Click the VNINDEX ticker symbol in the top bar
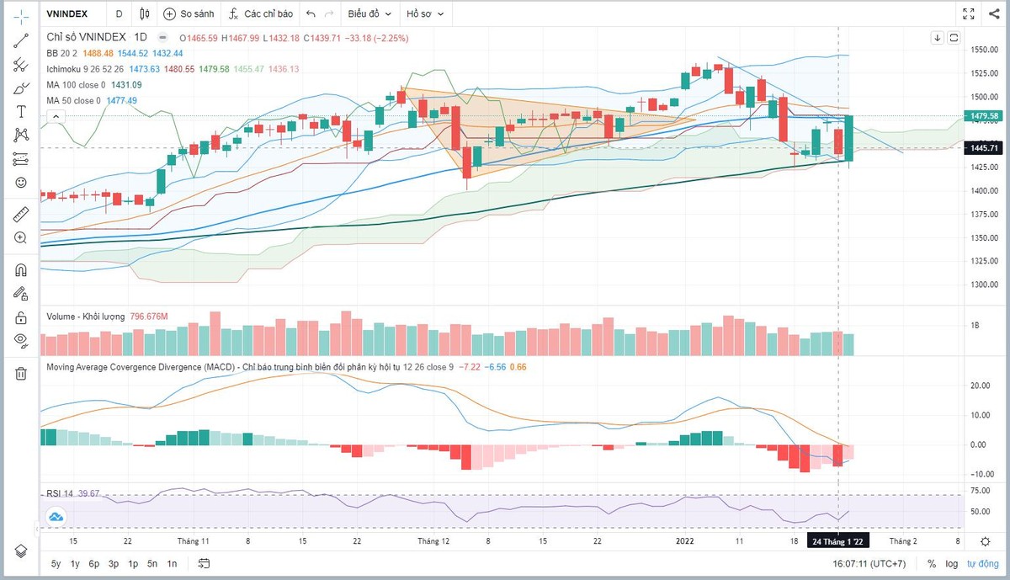[68, 13]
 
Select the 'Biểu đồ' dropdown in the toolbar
[370, 13]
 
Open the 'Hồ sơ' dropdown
[425, 13]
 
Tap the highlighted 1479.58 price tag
[984, 115]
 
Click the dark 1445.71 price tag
[984, 148]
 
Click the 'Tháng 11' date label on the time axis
[194, 541]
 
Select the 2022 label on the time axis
[687, 541]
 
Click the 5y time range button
[56, 564]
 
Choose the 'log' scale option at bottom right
[952, 564]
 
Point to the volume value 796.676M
[149, 317]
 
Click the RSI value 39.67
[89, 493]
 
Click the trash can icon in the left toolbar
[21, 374]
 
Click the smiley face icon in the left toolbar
[21, 182]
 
